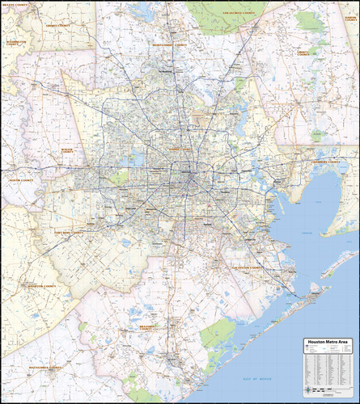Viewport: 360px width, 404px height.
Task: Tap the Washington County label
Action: [15, 41]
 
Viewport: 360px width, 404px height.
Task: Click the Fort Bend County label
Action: [69, 233]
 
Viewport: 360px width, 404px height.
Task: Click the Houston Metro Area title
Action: [328, 342]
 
